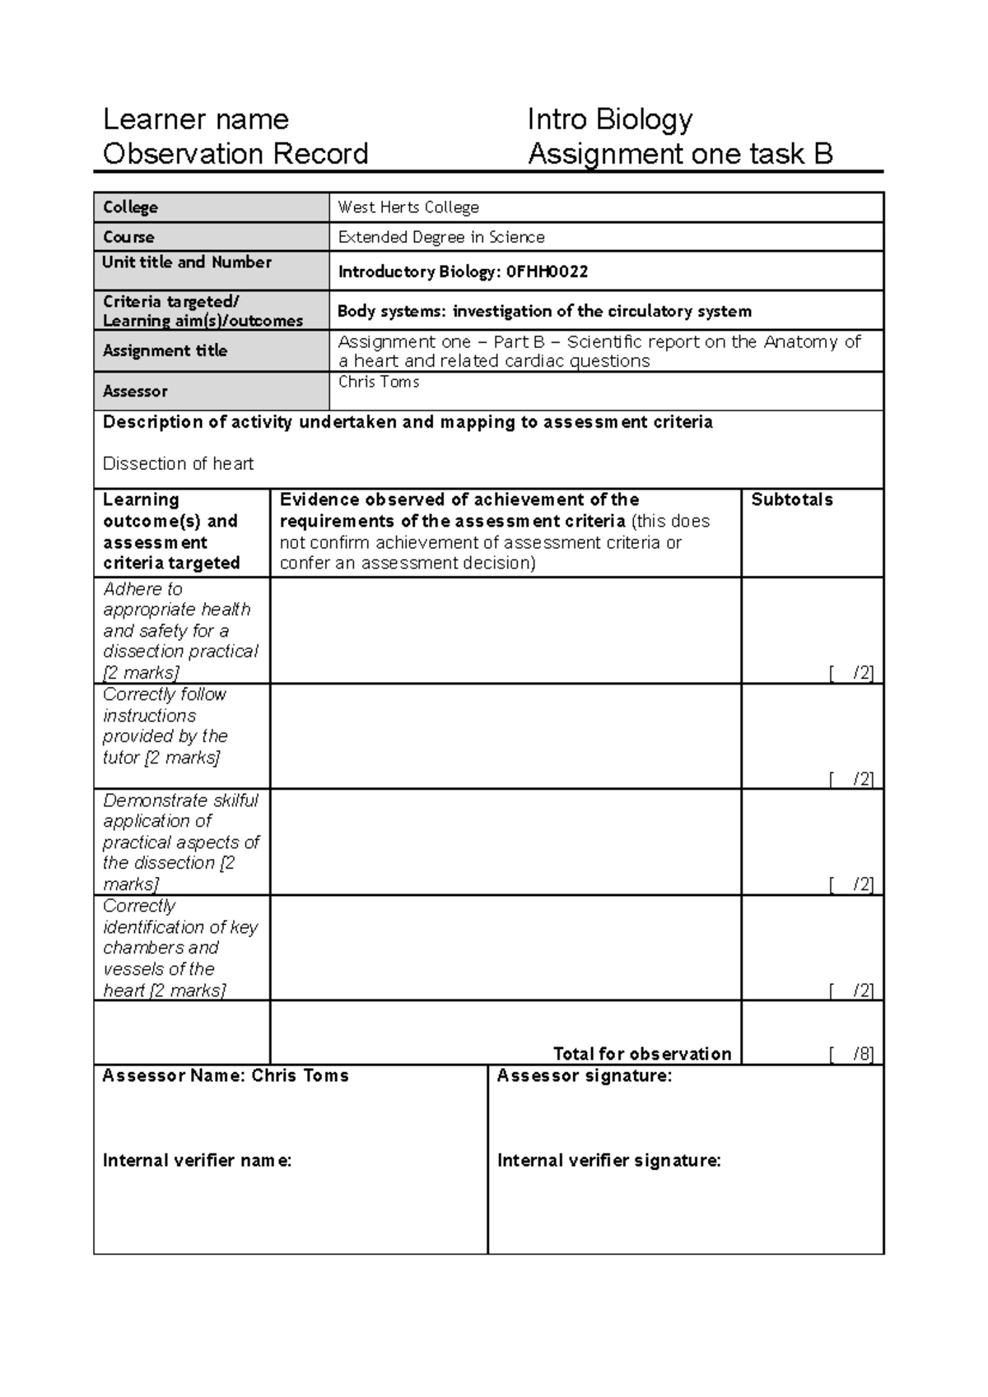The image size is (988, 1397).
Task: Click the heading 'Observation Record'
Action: [x=235, y=154]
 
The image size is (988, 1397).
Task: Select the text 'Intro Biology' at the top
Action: [x=609, y=120]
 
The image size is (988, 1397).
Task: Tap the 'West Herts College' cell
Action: [x=408, y=207]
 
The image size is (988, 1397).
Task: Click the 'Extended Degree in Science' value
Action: [x=441, y=237]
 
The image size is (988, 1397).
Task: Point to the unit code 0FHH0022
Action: [x=547, y=272]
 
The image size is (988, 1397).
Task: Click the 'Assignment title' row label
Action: [x=165, y=350]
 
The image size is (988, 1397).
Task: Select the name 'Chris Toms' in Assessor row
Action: [x=379, y=382]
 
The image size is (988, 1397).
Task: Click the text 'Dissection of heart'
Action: [x=178, y=464]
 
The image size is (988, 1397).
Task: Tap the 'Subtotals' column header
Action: [x=792, y=500]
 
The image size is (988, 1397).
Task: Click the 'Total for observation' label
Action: [x=642, y=1054]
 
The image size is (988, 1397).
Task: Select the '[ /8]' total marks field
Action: [x=851, y=1054]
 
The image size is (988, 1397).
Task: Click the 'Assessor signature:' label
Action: [x=585, y=1076]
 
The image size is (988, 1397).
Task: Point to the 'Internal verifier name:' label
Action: [x=197, y=1161]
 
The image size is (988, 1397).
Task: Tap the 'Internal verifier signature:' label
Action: [x=609, y=1161]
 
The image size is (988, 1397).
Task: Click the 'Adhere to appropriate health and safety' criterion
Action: [x=180, y=630]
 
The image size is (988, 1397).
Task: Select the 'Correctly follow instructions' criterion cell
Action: [x=165, y=726]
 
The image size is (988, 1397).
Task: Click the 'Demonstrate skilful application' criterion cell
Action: [x=180, y=842]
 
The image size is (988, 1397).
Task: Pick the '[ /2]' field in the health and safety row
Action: [x=851, y=673]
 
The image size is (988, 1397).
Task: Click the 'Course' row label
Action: [x=128, y=237]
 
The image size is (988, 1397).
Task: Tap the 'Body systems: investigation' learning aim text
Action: [x=544, y=311]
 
